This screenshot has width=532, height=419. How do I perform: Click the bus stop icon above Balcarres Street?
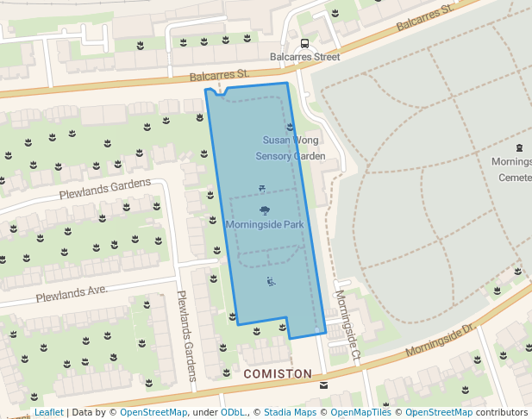click(x=304, y=43)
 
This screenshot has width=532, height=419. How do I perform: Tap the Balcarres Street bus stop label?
click(x=304, y=57)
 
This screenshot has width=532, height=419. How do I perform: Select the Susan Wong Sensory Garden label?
click(x=291, y=147)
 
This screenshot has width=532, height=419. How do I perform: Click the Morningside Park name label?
click(x=265, y=225)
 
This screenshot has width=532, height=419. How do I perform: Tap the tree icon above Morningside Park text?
click(x=264, y=210)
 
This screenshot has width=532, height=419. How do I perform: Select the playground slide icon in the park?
click(x=271, y=280)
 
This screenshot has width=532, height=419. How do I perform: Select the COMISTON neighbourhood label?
click(x=278, y=374)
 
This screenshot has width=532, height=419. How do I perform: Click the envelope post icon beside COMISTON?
click(x=323, y=385)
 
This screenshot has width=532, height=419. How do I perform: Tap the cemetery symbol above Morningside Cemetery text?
click(x=520, y=147)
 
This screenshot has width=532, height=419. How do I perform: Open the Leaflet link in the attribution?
click(x=49, y=412)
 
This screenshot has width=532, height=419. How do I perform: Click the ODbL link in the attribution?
click(x=233, y=412)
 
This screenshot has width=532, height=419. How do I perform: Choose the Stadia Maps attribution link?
click(x=290, y=412)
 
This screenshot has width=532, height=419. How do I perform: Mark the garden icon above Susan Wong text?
click(x=290, y=127)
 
